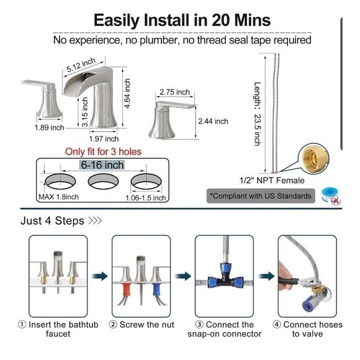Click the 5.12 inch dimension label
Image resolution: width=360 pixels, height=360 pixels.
tap(81, 65)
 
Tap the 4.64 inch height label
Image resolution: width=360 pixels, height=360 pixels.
tap(127, 93)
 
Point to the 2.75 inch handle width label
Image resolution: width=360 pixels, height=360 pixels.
tap(174, 92)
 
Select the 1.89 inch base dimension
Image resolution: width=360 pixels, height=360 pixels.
tap(50, 127)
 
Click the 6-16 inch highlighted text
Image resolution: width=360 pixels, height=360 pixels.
tap(102, 165)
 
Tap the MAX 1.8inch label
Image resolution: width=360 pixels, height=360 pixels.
tap(58, 197)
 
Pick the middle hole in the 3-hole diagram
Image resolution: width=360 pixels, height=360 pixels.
tap(103, 181)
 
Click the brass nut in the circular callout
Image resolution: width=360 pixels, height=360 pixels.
tap(313, 158)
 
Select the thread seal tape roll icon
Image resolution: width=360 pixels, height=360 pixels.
tap(331, 196)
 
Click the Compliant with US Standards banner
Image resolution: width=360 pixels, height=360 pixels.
tap(261, 196)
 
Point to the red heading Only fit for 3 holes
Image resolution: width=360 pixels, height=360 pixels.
tap(103, 152)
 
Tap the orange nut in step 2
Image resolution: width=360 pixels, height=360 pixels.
tap(126, 292)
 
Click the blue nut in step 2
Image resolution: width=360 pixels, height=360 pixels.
tap(156, 291)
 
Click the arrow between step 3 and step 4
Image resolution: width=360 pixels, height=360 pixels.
tap(266, 276)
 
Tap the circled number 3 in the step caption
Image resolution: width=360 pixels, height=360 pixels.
tap(199, 325)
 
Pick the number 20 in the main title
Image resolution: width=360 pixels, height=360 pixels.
tap(221, 20)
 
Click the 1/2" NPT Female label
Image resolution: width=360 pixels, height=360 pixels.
tap(272, 180)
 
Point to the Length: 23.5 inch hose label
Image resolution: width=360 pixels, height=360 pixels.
tap(258, 114)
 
